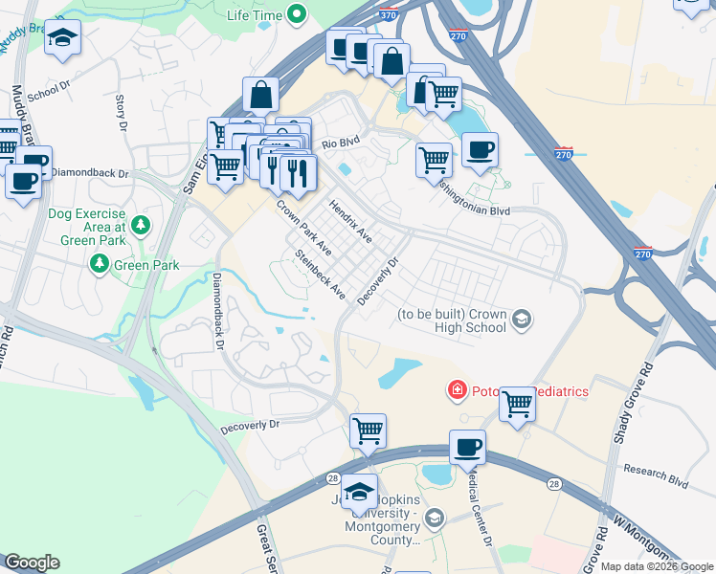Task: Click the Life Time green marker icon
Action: [296, 14]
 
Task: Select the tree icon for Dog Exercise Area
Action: [141, 226]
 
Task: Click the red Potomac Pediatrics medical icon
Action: [458, 390]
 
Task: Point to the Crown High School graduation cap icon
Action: [522, 320]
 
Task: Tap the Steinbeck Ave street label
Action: [320, 275]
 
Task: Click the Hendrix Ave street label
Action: [349, 221]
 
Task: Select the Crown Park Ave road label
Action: [303, 227]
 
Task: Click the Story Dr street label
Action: [121, 111]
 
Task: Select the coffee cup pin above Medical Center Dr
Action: [467, 447]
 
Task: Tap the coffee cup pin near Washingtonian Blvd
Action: [480, 148]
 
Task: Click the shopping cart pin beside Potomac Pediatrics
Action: [517, 404]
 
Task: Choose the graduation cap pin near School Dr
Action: [63, 38]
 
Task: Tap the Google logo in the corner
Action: [33, 563]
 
